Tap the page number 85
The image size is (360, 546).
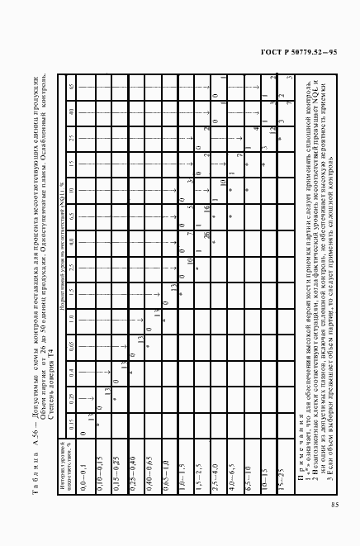point(333,482)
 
